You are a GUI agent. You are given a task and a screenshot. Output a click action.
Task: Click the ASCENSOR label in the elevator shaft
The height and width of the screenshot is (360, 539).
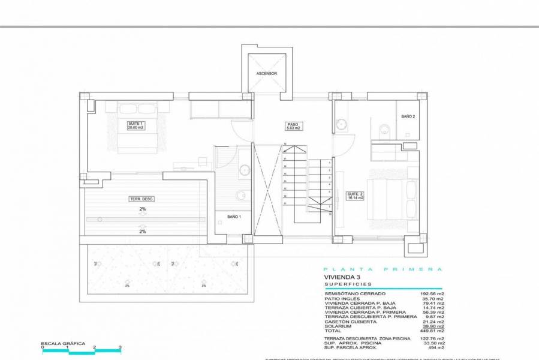pos(266,73)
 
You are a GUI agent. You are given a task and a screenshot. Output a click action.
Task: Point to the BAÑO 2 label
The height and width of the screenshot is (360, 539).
pos(408,117)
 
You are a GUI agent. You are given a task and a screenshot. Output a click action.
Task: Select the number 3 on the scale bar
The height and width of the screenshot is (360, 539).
pos(121,347)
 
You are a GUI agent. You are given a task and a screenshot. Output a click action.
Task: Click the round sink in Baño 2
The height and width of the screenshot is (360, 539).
pos(342,125)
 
